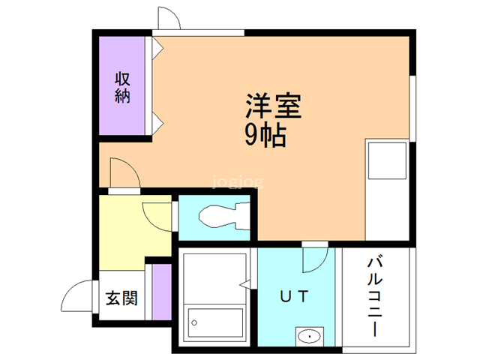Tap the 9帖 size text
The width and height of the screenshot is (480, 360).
[265, 135]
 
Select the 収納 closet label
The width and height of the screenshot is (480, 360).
[124, 86]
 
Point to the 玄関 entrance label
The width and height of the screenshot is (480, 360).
[120, 298]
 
